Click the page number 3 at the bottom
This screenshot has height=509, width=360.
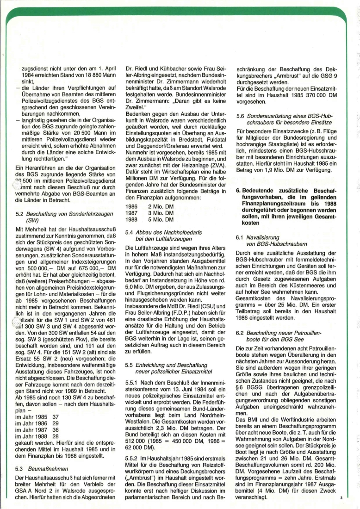pyautogui.click(x=340, y=498)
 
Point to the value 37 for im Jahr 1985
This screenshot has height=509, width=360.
pyautogui.click(x=56, y=429)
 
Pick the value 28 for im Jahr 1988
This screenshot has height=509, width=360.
pyautogui.click(x=56, y=448)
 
